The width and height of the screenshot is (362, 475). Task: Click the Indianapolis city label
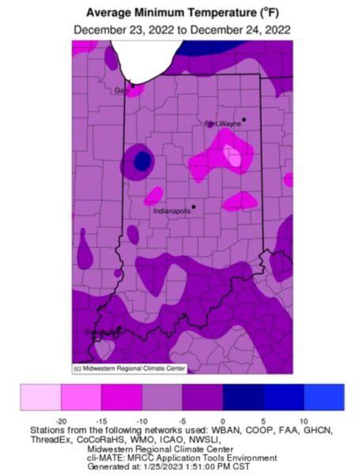tap(172, 211)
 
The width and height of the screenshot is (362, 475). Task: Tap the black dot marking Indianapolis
tap(194, 207)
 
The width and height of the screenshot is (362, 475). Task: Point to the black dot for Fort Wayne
tap(244, 120)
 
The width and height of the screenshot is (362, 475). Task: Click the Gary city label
tap(122, 90)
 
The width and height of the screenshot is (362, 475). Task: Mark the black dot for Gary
tap(133, 84)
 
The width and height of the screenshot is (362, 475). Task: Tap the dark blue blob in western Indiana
tap(142, 161)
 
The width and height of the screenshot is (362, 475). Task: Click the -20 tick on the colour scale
tap(60, 418)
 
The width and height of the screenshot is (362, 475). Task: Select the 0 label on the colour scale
tap(223, 418)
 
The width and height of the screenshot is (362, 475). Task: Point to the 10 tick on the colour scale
tap(304, 418)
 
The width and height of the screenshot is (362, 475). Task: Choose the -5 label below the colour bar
tap(182, 418)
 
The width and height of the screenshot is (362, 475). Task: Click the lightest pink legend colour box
tap(40, 396)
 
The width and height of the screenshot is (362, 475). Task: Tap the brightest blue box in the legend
tap(324, 396)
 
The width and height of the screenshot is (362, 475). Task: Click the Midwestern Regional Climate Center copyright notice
tap(119, 368)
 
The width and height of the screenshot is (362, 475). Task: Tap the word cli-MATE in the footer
tap(104, 457)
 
